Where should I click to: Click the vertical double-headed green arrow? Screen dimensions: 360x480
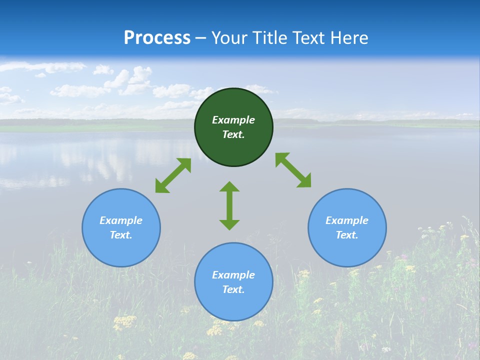click(x=229, y=205)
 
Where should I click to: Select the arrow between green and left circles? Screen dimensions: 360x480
click(x=173, y=175)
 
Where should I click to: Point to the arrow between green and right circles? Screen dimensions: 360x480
click(x=293, y=170)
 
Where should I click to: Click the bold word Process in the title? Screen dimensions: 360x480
click(x=157, y=37)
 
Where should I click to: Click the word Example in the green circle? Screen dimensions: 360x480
click(x=233, y=120)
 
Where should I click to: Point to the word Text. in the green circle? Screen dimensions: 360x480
click(x=233, y=134)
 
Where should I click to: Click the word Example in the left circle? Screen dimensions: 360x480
click(x=121, y=220)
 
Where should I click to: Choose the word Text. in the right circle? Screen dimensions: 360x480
click(x=347, y=235)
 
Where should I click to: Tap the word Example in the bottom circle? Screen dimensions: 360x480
click(x=233, y=275)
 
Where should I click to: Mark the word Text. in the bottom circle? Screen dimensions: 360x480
click(x=233, y=289)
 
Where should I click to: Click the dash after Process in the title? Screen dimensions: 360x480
click(x=201, y=38)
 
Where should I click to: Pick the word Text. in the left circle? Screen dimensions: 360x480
click(x=121, y=235)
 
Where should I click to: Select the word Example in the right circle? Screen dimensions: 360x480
click(x=347, y=220)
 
